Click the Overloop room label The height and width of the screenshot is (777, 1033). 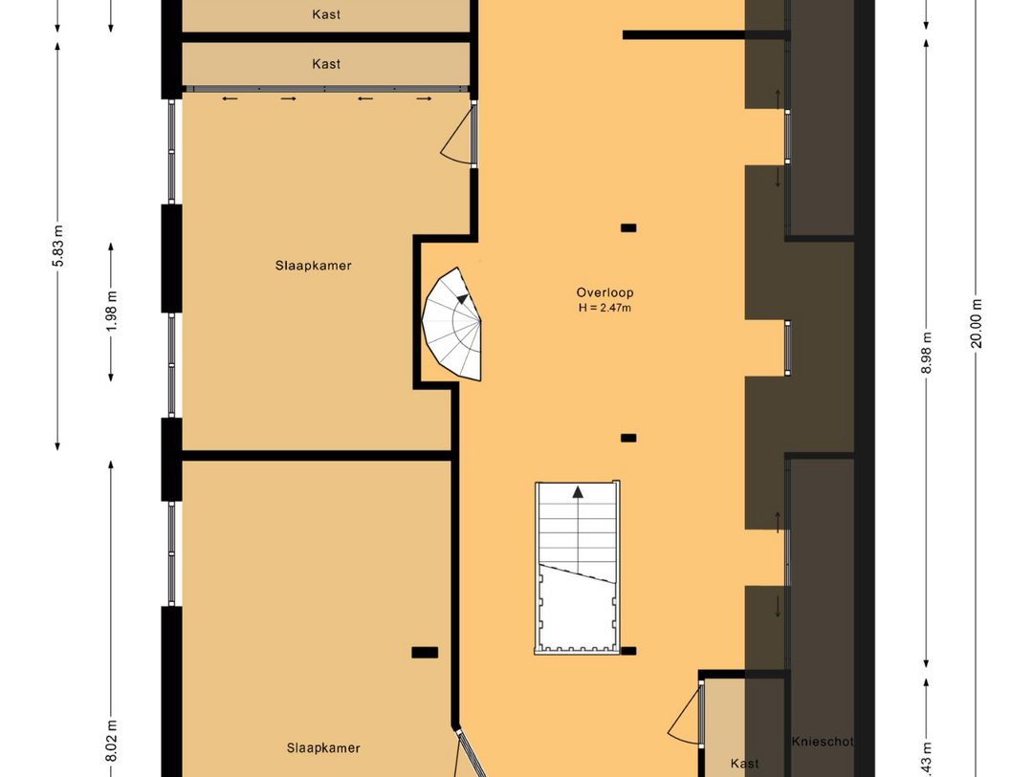pyautogui.click(x=604, y=292)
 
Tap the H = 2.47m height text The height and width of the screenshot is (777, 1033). pyautogui.click(x=604, y=308)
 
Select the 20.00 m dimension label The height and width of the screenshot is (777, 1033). pyautogui.click(x=977, y=325)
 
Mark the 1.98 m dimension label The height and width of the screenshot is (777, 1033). pyautogui.click(x=111, y=310)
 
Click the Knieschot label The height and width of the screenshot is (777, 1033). pyautogui.click(x=822, y=742)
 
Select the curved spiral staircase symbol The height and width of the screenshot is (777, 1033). pyautogui.click(x=453, y=325)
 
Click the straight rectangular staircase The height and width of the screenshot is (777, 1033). pyautogui.click(x=577, y=568)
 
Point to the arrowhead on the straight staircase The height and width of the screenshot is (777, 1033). pyautogui.click(x=578, y=493)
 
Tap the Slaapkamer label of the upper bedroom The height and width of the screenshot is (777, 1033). pyautogui.click(x=313, y=266)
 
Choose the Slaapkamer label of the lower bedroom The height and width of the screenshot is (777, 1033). pyautogui.click(x=323, y=748)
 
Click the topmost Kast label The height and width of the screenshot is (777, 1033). pyautogui.click(x=326, y=14)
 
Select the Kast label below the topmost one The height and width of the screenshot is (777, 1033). pyautogui.click(x=326, y=64)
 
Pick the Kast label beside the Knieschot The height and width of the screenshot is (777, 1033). pyautogui.click(x=744, y=764)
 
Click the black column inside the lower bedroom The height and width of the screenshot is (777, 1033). pyautogui.click(x=425, y=653)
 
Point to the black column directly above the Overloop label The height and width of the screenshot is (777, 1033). pyautogui.click(x=628, y=227)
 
